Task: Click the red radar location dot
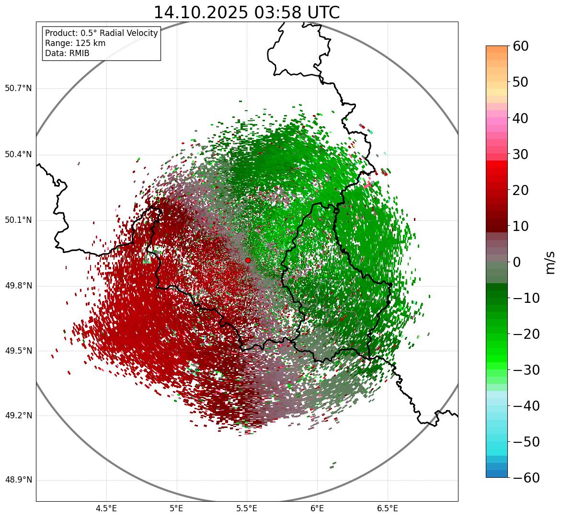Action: click(248, 260)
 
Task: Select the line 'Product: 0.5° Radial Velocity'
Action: click(101, 33)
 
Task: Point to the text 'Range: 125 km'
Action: click(75, 43)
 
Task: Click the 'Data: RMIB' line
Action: click(67, 53)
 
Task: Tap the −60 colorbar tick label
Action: click(526, 478)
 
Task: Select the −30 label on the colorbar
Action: click(526, 370)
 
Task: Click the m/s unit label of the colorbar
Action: click(550, 262)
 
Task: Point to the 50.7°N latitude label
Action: click(18, 89)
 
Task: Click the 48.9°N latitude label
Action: click(18, 480)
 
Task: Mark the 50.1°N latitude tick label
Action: click(18, 220)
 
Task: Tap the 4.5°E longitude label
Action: click(106, 508)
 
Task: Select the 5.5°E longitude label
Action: click(247, 508)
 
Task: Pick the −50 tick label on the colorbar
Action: click(526, 442)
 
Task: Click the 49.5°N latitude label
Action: click(18, 351)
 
